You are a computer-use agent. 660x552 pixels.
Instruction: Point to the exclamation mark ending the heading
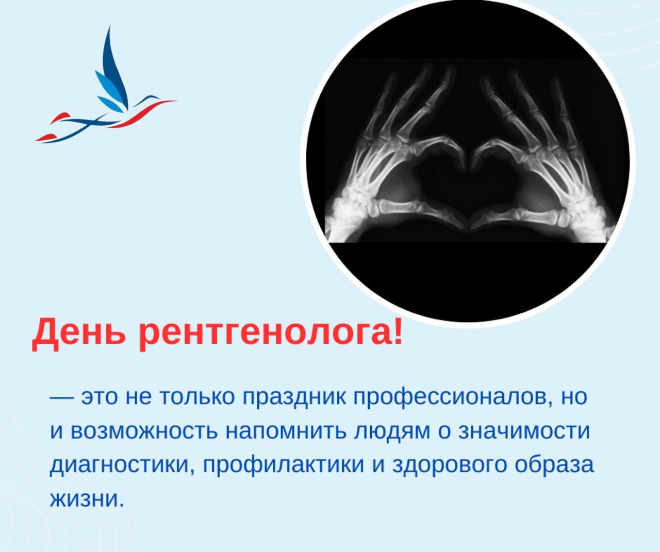tap(396, 331)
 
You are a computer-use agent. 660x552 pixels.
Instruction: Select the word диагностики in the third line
tap(121, 465)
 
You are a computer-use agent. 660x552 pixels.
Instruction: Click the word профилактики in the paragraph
tap(284, 465)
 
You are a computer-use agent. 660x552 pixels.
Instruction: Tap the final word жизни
tap(87, 499)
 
